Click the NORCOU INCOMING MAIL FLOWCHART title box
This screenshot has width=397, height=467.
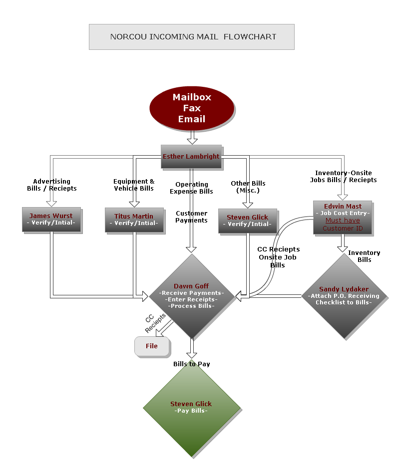point(192,37)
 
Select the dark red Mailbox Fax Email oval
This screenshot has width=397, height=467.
point(192,108)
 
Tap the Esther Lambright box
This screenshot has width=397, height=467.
point(191,156)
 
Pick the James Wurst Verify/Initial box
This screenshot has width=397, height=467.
point(51,220)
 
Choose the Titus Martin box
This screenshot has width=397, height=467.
point(134,220)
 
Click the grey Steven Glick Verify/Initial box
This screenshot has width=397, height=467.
point(247,221)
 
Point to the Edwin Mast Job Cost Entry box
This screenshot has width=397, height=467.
point(343,217)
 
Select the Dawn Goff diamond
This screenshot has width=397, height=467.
point(191,296)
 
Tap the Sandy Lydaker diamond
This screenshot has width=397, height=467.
point(344,296)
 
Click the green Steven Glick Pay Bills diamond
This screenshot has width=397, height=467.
point(191,407)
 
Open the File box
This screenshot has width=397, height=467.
point(152,346)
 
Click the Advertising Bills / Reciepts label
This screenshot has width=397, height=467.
point(52,185)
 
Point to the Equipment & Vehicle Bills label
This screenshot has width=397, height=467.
point(134,185)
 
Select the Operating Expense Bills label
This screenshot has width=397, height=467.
point(191,188)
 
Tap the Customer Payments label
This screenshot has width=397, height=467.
point(191,217)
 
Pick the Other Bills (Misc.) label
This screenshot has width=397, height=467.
point(248,187)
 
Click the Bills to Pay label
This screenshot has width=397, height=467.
point(192,364)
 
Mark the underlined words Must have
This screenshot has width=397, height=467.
point(343,221)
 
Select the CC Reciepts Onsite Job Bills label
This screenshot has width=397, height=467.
point(278,257)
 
